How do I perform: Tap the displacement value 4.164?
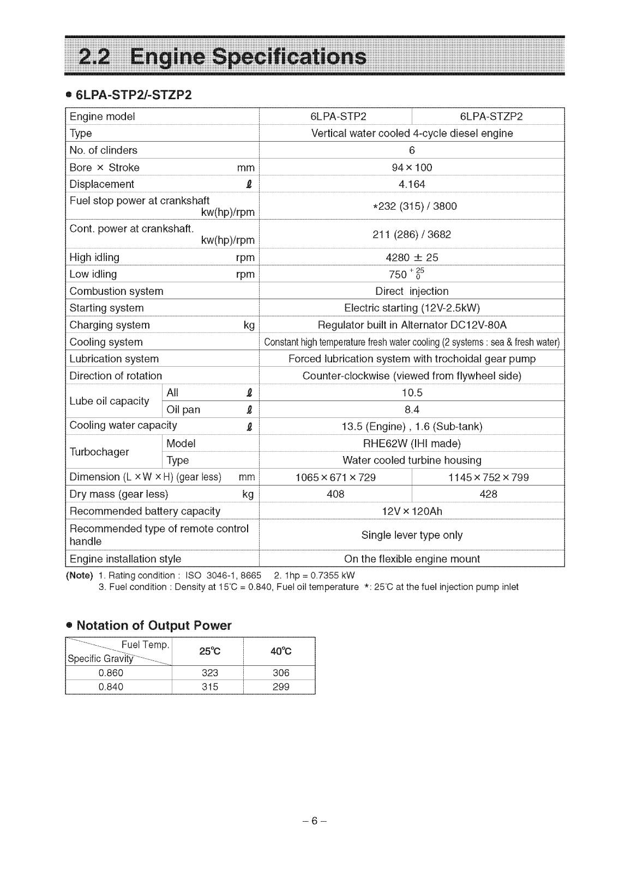[x=412, y=184]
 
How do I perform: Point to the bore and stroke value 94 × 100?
[x=412, y=167]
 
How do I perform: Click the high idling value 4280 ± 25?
[x=412, y=257]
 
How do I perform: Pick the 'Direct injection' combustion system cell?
[x=412, y=291]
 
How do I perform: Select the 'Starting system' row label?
[x=107, y=308]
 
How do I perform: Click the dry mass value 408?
[x=335, y=494]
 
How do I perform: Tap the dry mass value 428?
[x=488, y=494]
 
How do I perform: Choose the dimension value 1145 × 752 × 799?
[x=488, y=477]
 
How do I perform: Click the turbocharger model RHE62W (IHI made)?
[x=412, y=443]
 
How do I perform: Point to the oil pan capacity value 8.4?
[x=412, y=409]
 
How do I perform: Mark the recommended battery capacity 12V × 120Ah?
[x=412, y=511]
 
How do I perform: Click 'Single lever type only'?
[x=412, y=535]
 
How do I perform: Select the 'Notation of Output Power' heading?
[x=154, y=625]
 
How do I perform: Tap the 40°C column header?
[x=281, y=651]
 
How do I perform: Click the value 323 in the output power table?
[x=210, y=673]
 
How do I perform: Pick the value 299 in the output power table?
[x=281, y=687]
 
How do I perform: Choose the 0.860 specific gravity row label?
[x=111, y=673]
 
